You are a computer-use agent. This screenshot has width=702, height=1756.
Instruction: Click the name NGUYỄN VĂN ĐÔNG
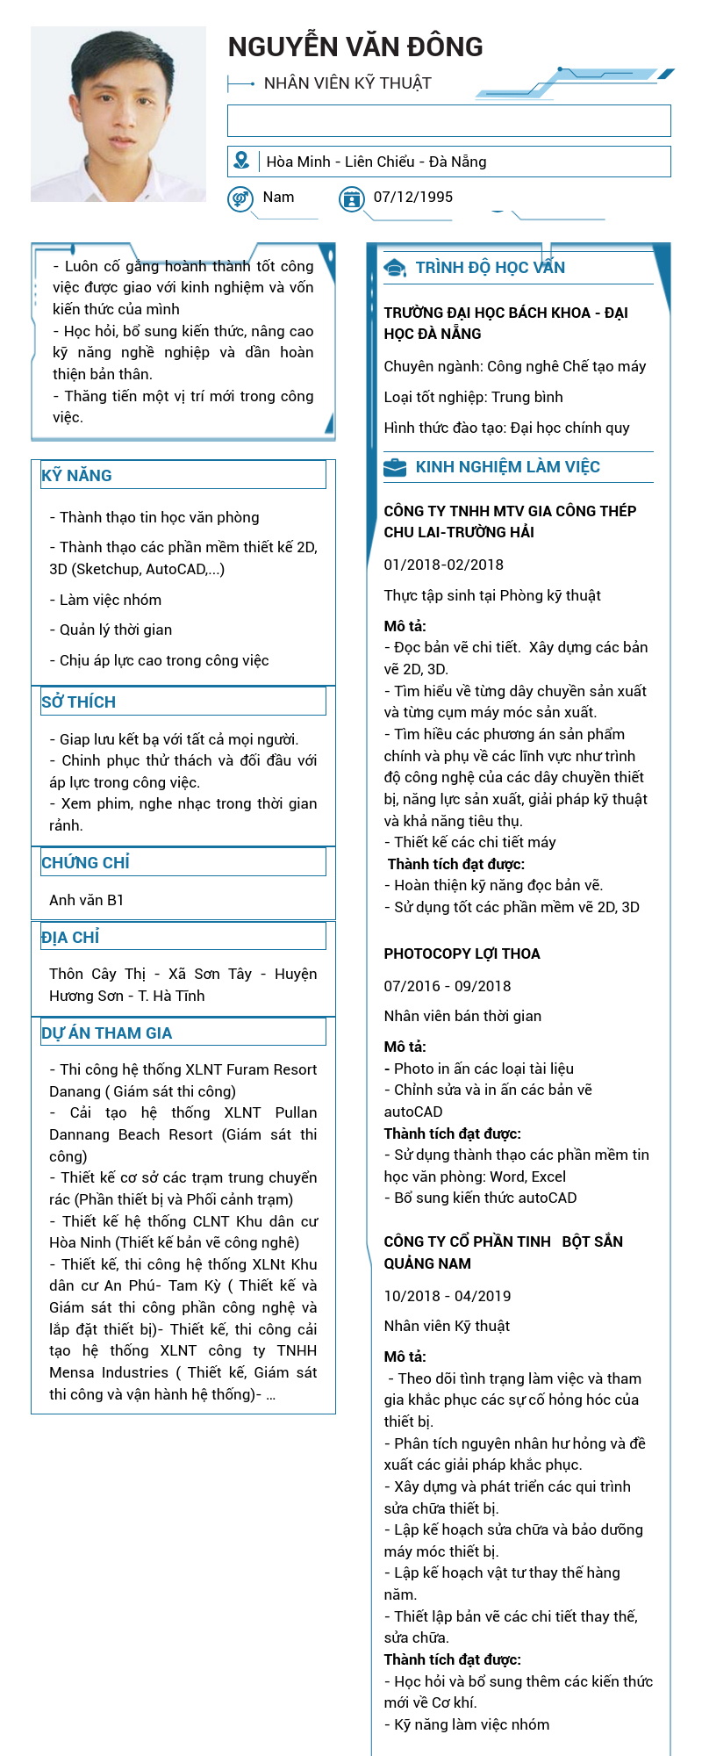355,47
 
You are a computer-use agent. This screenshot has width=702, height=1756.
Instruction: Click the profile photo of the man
118,114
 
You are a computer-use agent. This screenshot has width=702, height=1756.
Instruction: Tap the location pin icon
241,161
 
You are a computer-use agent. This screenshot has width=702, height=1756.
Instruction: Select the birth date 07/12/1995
413,197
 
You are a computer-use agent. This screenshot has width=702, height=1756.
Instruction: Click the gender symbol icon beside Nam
240,199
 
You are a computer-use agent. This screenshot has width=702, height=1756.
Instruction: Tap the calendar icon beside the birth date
352,199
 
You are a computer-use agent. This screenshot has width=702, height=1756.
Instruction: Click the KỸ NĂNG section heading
77,476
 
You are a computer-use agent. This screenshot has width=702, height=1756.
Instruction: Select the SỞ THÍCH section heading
79,702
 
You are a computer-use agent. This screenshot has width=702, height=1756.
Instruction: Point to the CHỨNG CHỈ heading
86,862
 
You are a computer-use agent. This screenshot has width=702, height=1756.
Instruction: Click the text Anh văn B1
87,900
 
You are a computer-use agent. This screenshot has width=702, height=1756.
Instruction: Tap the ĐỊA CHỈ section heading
71,937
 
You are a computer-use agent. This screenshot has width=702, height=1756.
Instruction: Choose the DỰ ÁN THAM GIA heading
107,1033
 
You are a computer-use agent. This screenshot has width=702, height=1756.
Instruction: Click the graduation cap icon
395,268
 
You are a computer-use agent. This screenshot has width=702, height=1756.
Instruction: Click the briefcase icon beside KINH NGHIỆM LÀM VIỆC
395,467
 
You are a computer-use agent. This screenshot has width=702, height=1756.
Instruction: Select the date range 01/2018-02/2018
444,565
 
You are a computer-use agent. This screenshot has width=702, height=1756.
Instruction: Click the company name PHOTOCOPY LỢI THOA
462,954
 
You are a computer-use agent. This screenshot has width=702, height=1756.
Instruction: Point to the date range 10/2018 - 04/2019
448,1296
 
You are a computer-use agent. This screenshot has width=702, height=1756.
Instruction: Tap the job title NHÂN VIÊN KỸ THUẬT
347,83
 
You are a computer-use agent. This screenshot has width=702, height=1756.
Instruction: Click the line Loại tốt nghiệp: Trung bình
474,397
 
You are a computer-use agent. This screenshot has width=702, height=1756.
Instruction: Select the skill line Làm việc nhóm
110,600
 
